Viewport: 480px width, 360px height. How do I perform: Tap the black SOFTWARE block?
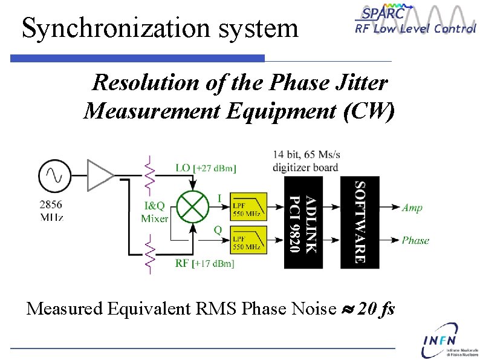[x=360, y=223]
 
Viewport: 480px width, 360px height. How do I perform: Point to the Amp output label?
[x=412, y=208]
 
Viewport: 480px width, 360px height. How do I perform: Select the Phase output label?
[x=415, y=240]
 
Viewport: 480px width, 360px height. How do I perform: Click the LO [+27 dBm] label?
[x=206, y=168]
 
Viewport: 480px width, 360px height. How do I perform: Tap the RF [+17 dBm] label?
[x=204, y=263]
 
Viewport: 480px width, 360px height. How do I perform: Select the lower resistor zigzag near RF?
[x=148, y=254]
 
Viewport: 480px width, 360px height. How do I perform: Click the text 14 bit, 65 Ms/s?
[x=306, y=154]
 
